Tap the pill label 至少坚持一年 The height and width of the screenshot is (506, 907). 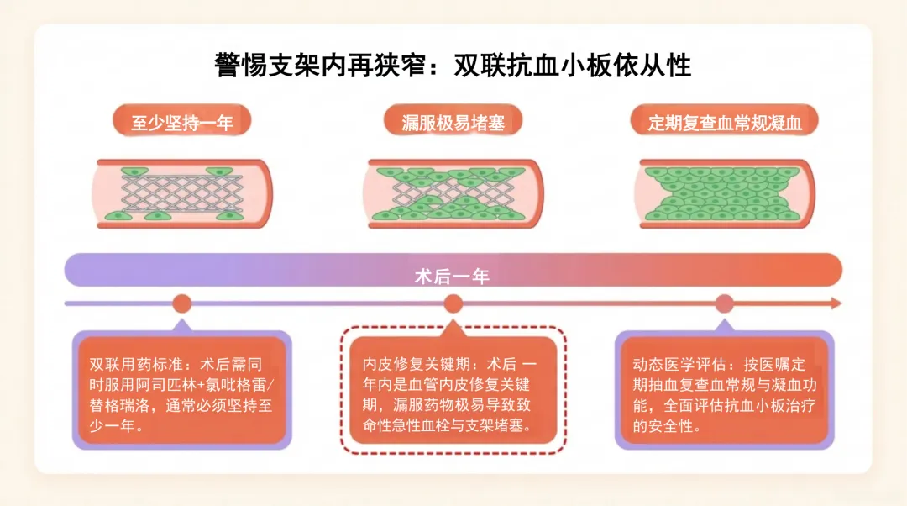[x=182, y=122]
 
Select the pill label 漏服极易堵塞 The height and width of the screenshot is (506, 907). [x=453, y=122]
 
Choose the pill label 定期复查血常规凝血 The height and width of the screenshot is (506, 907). [x=724, y=122]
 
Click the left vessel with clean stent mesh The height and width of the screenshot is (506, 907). [x=181, y=194]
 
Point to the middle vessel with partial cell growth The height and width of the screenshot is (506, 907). [x=453, y=194]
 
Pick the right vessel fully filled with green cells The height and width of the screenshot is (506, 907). [x=724, y=194]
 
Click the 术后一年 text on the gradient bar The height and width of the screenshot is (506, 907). [x=453, y=277]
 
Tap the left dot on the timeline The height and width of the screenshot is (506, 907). [x=182, y=303]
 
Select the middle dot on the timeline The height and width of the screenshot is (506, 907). [x=453, y=303]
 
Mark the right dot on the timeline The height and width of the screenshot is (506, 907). [x=724, y=303]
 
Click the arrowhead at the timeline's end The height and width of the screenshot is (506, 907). [x=836, y=303]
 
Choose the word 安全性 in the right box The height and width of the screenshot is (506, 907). [x=670, y=425]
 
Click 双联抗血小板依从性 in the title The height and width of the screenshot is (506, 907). [x=573, y=65]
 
